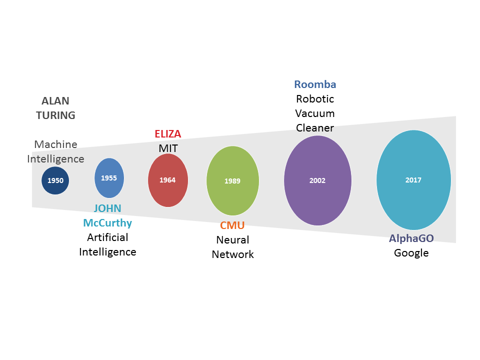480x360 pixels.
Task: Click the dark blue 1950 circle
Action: [55, 180]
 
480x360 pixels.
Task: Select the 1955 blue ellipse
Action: [109, 177]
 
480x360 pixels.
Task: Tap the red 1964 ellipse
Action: [168, 180]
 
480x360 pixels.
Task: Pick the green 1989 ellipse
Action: [232, 180]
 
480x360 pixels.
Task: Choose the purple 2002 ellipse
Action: [317, 180]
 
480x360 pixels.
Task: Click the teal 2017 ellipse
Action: [413, 180]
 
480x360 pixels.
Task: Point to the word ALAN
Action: [55, 101]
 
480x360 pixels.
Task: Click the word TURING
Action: [55, 115]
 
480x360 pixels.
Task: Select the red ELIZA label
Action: [168, 134]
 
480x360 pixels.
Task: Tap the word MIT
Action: [168, 148]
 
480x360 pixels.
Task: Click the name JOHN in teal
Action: [107, 208]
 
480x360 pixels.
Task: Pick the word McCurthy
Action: [107, 223]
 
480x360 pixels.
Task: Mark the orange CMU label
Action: [232, 225]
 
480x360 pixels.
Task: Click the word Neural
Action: [232, 240]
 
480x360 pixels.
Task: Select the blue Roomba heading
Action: [315, 84]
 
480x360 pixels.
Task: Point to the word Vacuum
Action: [315, 113]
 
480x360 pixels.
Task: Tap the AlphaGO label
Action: [411, 238]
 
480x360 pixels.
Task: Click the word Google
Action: [411, 252]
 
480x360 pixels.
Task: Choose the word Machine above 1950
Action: [55, 144]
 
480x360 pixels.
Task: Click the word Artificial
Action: [107, 237]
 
